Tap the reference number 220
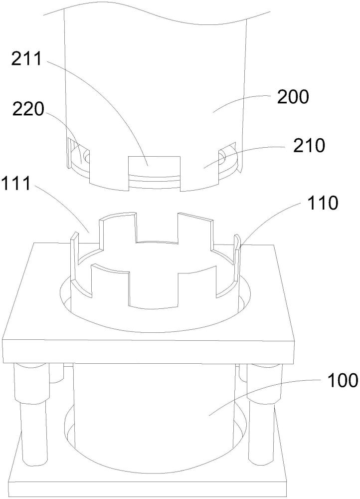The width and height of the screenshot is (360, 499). [28, 110]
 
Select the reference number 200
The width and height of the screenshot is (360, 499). [293, 97]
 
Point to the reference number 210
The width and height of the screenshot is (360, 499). [310, 145]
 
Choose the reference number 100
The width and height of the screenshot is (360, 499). [342, 380]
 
